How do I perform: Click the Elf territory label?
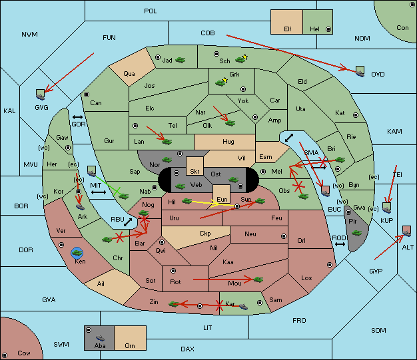click(x=288, y=29)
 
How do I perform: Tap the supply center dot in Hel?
click(x=328, y=29)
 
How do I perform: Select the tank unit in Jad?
click(x=181, y=60)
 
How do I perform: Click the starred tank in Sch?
click(x=241, y=59)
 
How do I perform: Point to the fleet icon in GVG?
click(x=41, y=94)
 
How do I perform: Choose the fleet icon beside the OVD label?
click(x=360, y=71)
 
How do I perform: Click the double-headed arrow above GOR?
click(x=77, y=117)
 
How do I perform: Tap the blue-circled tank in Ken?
click(x=77, y=253)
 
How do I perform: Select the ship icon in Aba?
click(x=100, y=338)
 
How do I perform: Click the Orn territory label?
click(x=130, y=345)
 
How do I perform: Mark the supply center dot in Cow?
click(x=5, y=355)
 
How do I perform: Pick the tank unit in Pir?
click(x=356, y=233)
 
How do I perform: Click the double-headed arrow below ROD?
click(x=340, y=244)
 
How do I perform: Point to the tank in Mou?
click(x=258, y=279)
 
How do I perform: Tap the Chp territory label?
click(x=205, y=234)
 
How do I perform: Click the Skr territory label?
click(x=195, y=172)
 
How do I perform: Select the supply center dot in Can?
click(x=87, y=94)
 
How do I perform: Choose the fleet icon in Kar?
click(x=243, y=307)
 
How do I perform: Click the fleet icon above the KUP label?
click(x=386, y=208)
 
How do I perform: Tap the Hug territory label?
click(x=228, y=142)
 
